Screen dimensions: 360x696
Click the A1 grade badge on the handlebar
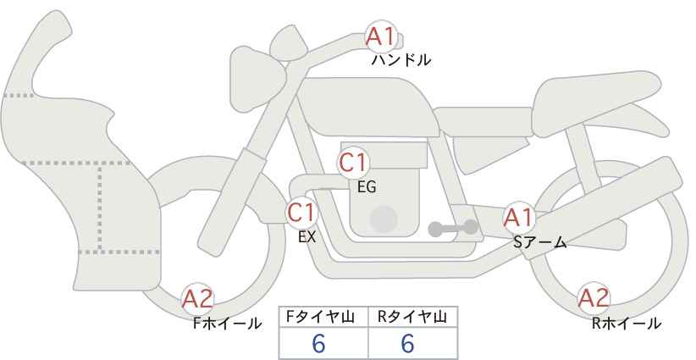pyautogui.click(x=380, y=36)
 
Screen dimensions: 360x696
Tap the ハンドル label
pyautogui.click(x=401, y=60)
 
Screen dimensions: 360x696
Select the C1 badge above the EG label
pyautogui.click(x=352, y=162)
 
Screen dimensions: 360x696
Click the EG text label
pyautogui.click(x=367, y=187)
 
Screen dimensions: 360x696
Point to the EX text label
pyautogui.click(x=307, y=237)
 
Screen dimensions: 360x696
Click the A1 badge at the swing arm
pyautogui.click(x=517, y=217)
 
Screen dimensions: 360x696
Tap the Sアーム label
pyautogui.click(x=539, y=243)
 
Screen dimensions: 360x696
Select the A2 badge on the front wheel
pyautogui.click(x=198, y=298)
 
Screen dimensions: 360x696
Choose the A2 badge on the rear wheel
pyautogui.click(x=594, y=297)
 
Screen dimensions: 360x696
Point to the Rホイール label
pyautogui.click(x=626, y=323)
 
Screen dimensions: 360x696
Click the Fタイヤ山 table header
pyautogui.click(x=323, y=317)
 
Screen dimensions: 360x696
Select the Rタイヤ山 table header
pyautogui.click(x=412, y=317)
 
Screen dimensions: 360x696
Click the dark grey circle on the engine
pyautogui.click(x=384, y=219)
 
